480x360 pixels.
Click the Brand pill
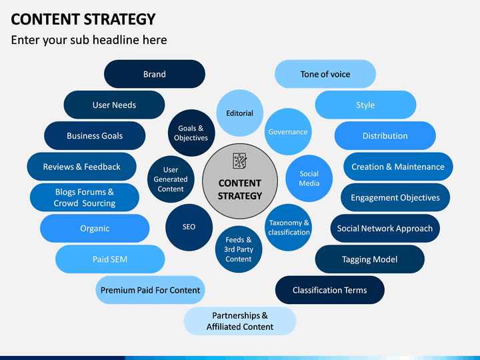(x=154, y=74)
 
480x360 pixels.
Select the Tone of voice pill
(x=325, y=74)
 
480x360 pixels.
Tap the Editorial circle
(x=239, y=113)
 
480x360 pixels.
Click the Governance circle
(x=288, y=132)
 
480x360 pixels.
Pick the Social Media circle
(x=309, y=179)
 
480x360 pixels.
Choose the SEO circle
(x=189, y=227)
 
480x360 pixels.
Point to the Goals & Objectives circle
(x=191, y=133)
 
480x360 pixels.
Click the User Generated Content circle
(x=171, y=179)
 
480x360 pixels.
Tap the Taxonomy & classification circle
(x=289, y=227)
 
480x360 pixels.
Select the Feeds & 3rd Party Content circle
(x=238, y=249)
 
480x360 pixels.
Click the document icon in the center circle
(x=239, y=161)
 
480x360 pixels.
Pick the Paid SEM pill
(x=110, y=259)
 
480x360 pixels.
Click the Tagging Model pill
(x=369, y=259)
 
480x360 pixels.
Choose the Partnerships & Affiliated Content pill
(x=240, y=321)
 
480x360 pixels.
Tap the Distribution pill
(x=385, y=135)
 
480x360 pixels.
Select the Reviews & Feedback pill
(x=82, y=167)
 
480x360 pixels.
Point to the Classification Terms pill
(x=330, y=290)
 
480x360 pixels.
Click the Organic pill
(x=95, y=228)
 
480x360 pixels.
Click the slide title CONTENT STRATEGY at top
(x=83, y=19)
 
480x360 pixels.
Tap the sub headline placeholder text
(x=89, y=40)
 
